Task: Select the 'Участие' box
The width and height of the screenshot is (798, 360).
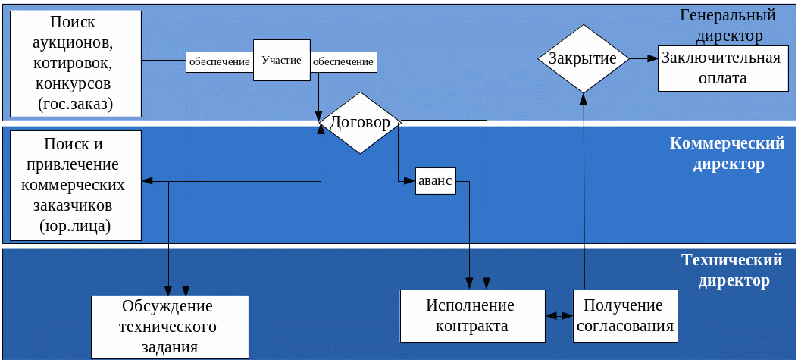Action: pos(281,60)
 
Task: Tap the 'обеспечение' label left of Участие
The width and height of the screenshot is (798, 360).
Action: pos(219,61)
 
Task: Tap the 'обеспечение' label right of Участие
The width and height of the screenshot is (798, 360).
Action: pos(343,61)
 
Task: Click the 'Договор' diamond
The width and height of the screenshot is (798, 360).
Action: pos(360,123)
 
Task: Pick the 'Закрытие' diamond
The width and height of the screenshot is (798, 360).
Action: pos(583,58)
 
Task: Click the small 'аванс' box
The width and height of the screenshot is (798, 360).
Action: pos(435,180)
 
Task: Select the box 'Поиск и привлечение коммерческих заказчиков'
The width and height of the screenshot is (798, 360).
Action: pos(76,185)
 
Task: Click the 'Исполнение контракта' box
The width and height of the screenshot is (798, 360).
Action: pos(472,315)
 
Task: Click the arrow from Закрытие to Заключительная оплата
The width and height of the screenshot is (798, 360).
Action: pos(643,58)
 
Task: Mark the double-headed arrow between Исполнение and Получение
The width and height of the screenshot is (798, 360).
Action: pos(559,315)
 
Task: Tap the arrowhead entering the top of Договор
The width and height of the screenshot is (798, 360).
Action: pos(320,114)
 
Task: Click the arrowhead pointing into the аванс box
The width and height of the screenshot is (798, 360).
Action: pos(410,180)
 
